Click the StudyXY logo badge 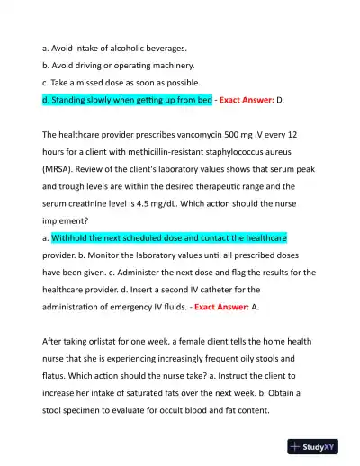tap(313, 445)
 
